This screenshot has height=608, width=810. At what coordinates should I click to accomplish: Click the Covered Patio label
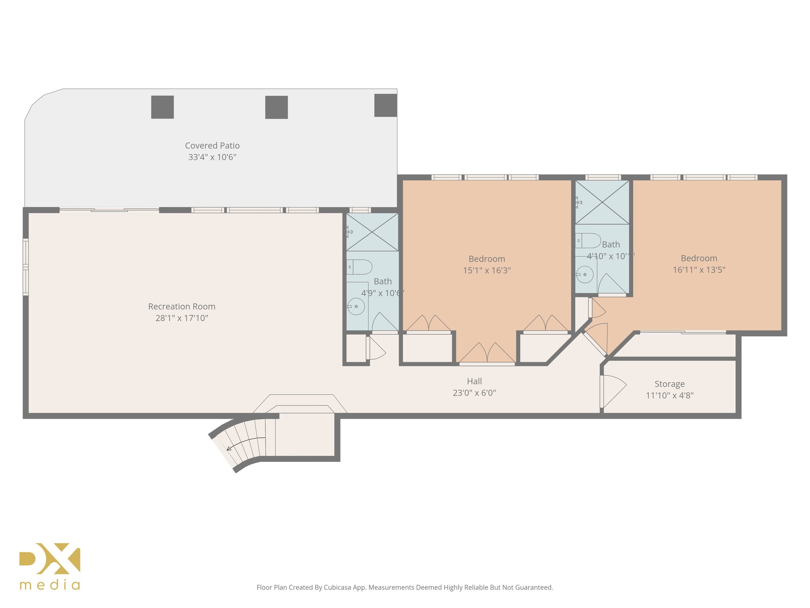(x=212, y=146)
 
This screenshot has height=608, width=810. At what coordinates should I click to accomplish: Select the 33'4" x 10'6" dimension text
(x=212, y=157)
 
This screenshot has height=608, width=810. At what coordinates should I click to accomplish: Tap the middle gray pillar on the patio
(x=276, y=107)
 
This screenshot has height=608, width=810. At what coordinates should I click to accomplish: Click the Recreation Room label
(x=182, y=306)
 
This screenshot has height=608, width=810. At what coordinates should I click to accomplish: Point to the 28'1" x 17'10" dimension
(x=182, y=318)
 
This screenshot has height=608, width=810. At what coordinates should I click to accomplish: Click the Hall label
(x=474, y=381)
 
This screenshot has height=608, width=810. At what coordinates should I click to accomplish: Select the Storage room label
(x=669, y=384)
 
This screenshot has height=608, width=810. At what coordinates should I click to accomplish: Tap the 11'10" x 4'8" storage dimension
(x=669, y=395)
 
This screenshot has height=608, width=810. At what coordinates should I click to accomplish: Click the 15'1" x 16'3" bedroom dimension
(x=486, y=270)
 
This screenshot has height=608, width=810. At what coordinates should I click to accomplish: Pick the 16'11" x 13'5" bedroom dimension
(x=699, y=270)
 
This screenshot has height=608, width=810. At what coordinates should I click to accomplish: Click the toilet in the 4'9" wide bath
(x=360, y=267)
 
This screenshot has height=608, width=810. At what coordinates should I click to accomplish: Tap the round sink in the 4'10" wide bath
(x=585, y=274)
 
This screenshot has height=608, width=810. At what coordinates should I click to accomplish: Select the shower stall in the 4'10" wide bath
(x=602, y=202)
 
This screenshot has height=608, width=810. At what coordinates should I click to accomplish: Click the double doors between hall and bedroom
(x=487, y=353)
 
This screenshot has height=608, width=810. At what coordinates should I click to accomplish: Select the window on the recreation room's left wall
(x=26, y=267)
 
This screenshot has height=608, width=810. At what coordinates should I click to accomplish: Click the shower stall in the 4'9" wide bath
(x=372, y=232)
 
